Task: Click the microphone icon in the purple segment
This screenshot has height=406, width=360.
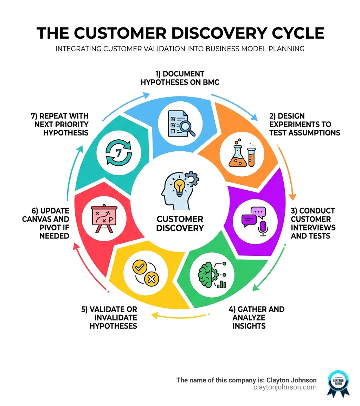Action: coord(263,227)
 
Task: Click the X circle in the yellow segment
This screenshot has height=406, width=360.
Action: coord(152,279)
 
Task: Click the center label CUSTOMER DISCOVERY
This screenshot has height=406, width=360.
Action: coord(180,223)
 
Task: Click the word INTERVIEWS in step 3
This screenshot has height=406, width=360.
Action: coord(313,227)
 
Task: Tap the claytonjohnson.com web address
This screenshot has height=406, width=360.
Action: coord(285,387)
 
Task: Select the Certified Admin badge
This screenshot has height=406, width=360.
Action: coord(338,383)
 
